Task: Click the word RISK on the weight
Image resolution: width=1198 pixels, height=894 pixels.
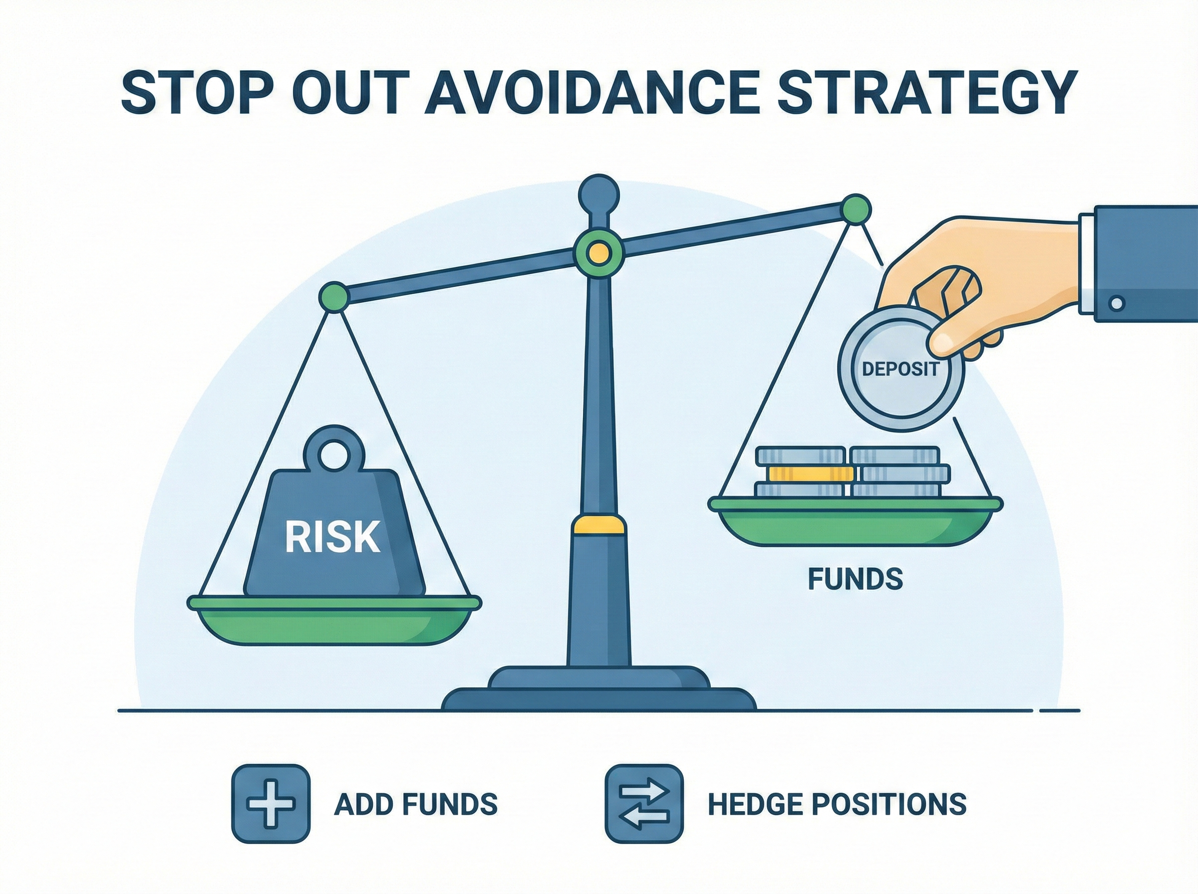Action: pos(332,537)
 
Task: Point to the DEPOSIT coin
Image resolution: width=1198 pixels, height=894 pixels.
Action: pos(900,369)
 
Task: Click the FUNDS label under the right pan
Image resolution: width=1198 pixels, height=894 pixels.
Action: pos(856,579)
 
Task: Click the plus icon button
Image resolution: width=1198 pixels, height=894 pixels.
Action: pos(271,804)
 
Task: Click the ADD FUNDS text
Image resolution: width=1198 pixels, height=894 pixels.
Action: pos(416,804)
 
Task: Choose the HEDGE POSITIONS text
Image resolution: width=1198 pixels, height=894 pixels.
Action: pos(837,804)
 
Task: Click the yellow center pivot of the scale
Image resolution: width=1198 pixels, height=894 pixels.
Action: pos(599,253)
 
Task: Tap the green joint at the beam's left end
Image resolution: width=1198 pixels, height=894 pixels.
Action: pos(334,296)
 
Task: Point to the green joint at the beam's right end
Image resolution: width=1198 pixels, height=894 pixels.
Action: pos(856,209)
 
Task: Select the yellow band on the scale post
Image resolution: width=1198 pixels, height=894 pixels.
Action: pos(599,524)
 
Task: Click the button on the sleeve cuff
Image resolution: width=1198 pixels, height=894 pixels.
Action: pos(1116,303)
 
